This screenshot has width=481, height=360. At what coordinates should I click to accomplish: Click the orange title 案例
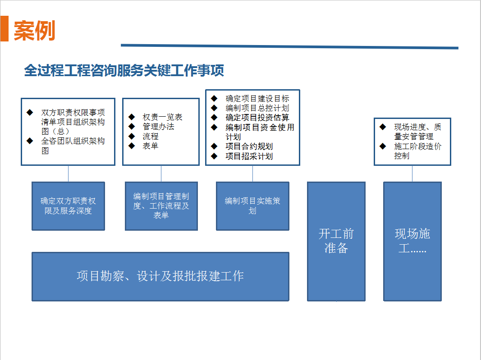pos(34,31)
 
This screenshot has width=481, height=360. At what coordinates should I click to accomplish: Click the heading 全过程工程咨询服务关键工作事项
pos(124,71)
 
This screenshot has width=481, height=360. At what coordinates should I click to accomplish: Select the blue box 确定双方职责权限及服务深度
pos(69,206)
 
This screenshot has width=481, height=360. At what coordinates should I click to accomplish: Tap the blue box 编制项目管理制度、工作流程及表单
pos(161,206)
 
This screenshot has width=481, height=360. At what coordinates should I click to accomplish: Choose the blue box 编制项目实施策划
pos(253,206)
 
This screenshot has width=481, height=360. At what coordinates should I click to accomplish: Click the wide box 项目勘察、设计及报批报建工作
pos(160,277)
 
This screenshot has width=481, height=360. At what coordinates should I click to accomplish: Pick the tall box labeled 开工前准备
pos(336,242)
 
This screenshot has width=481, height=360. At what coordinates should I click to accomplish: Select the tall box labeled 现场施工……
pos(412,242)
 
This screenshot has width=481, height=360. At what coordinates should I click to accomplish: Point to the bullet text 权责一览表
pos(162,117)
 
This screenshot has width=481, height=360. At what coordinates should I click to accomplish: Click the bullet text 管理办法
pos(158,126)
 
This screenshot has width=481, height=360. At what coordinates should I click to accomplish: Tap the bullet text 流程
pos(150,136)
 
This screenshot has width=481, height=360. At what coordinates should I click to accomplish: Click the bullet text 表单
pos(150,146)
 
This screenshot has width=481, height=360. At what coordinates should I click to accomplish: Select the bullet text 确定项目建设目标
pos(257,98)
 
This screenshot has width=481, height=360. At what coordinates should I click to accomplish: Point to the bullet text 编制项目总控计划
pos(257,108)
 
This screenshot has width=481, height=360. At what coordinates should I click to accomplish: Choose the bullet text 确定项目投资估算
pos(257,118)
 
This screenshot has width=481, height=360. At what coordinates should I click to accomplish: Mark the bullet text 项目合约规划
pos(249,146)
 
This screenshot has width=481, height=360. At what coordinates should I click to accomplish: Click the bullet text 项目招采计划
pos(249,156)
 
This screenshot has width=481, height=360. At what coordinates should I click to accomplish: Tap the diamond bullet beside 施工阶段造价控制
pos(383,146)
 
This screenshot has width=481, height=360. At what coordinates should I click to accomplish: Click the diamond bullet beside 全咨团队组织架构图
pos(30,141)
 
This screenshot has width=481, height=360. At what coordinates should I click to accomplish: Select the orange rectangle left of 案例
pos(5,28)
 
